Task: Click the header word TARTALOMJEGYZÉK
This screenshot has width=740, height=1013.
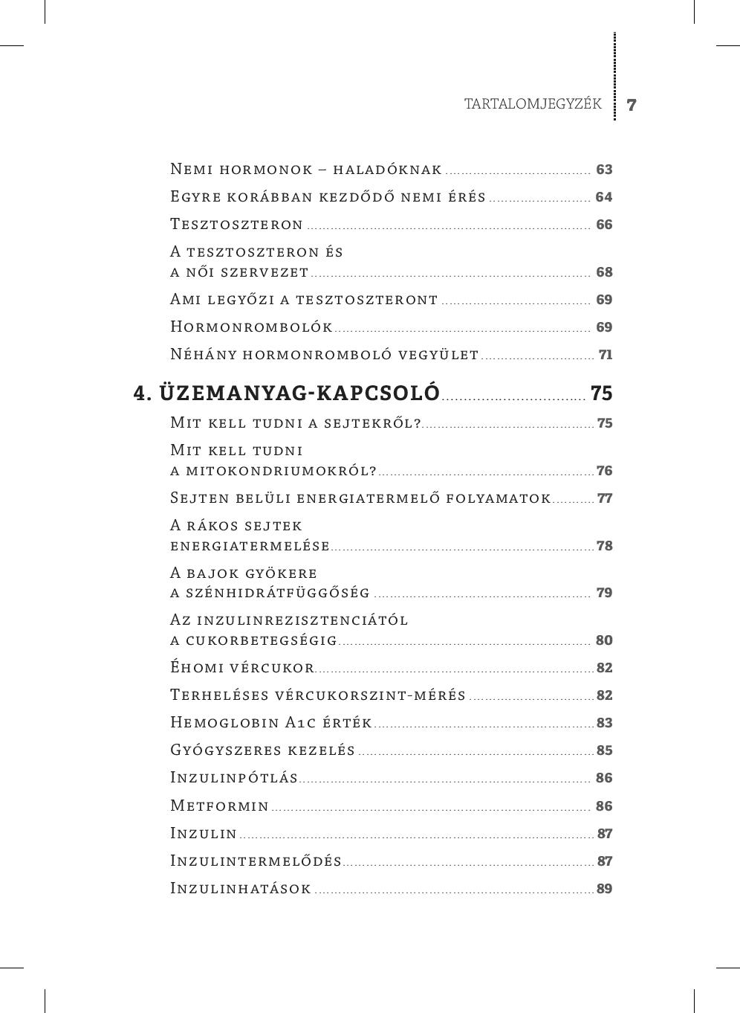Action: click(x=533, y=104)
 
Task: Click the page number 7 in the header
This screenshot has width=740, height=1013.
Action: click(x=632, y=105)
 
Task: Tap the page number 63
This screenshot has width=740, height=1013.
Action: click(x=604, y=170)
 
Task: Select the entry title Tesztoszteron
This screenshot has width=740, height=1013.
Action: click(x=237, y=225)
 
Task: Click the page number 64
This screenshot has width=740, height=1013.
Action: click(x=604, y=197)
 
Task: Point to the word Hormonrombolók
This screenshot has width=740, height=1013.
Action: click(x=251, y=327)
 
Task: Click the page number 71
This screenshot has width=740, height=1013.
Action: click(x=606, y=355)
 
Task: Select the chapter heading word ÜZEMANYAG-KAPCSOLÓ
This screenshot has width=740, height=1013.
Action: click(x=299, y=393)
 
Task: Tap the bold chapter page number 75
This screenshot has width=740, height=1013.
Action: click(x=602, y=393)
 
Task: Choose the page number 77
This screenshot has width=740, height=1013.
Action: click(x=605, y=498)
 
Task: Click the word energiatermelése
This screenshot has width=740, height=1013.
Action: click(x=250, y=546)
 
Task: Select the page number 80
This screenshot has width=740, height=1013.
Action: click(x=604, y=640)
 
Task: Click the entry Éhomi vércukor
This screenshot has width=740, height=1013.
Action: click(x=242, y=668)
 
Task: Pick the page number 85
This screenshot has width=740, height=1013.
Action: click(x=604, y=750)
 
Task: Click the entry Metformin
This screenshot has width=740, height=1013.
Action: click(x=220, y=806)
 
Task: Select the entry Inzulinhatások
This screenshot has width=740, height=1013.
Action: click(x=241, y=889)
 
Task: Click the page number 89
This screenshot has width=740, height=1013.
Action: click(x=604, y=889)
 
